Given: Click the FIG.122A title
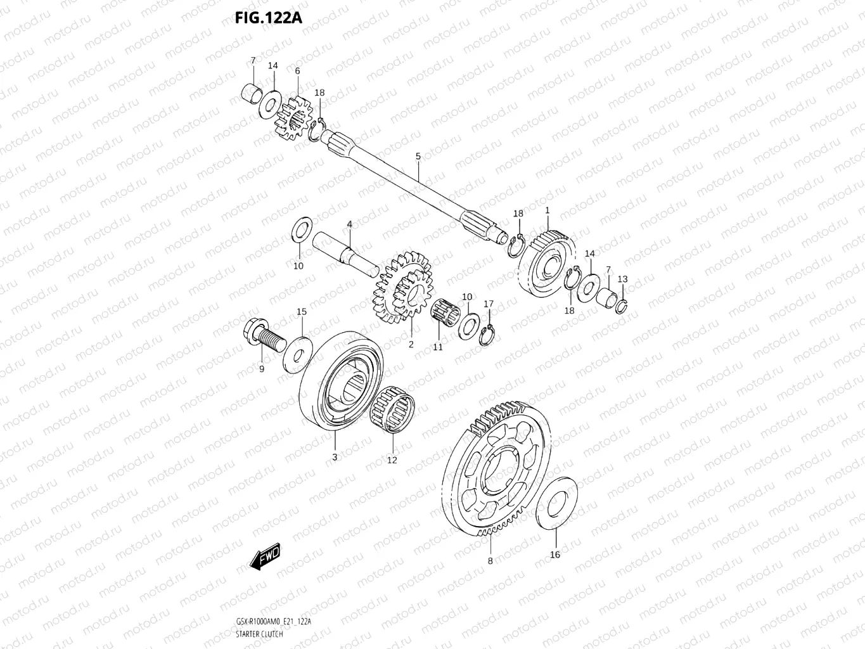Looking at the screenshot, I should [x=268, y=17].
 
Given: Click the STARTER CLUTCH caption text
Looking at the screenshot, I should [x=259, y=634].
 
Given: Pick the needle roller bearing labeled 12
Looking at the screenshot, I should [x=392, y=411].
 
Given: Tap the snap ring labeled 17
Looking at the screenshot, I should [x=487, y=335].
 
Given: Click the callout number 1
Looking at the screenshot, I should [x=548, y=210].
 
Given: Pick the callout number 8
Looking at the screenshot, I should [x=490, y=561].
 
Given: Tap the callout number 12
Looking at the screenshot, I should [x=392, y=460].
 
